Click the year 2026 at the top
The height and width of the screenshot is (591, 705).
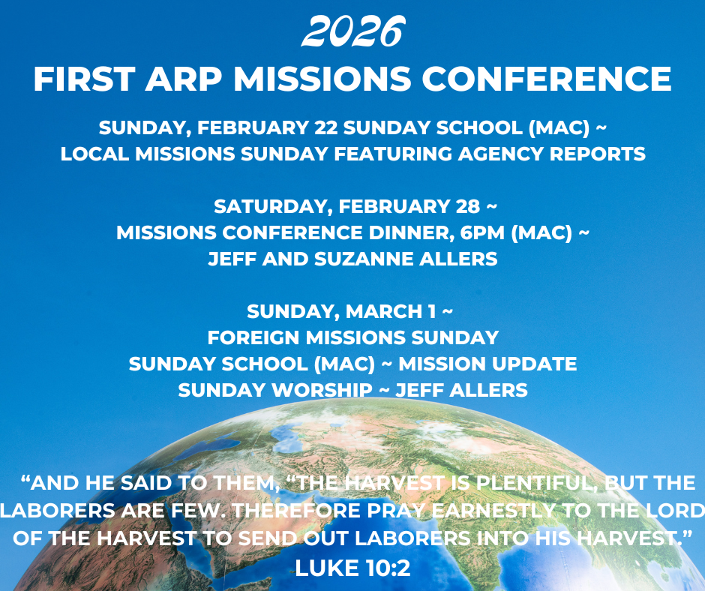353,31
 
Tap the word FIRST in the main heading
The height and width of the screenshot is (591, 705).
85,79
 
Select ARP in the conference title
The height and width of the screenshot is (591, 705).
184,79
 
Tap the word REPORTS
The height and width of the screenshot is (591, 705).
597,154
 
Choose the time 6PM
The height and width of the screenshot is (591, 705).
482,233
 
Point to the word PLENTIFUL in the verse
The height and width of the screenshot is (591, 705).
537,483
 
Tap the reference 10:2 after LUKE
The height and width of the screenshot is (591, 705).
388,568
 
